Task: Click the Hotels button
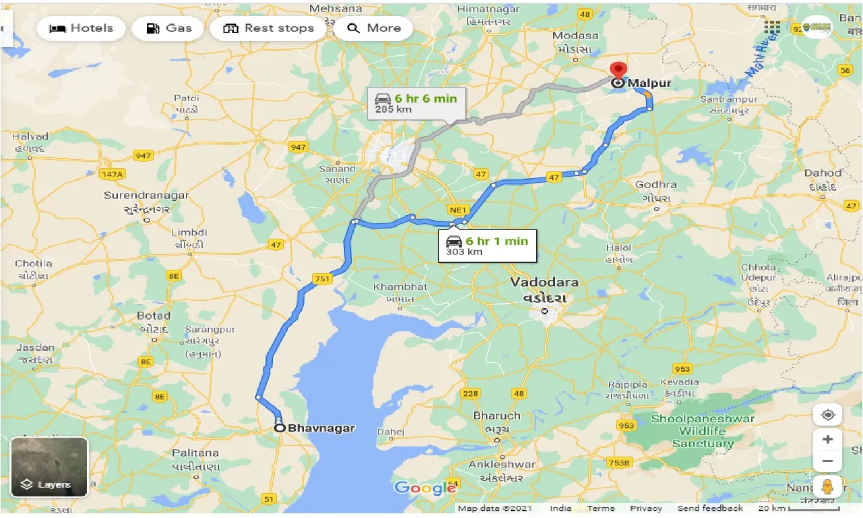[80, 28]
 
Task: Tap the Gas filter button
[169, 28]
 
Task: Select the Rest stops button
[268, 28]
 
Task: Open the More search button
[373, 28]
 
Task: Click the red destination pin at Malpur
[618, 71]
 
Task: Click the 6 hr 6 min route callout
[416, 103]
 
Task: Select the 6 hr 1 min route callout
[487, 246]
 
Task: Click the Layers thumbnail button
[49, 467]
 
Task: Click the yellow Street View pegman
[828, 486]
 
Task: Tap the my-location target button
[828, 415]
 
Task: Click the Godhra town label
[656, 185]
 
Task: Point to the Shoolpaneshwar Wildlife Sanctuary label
[703, 431]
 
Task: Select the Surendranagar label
[146, 196]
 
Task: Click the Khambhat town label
[400, 287]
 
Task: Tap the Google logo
[425, 488]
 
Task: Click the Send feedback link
[709, 509]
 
